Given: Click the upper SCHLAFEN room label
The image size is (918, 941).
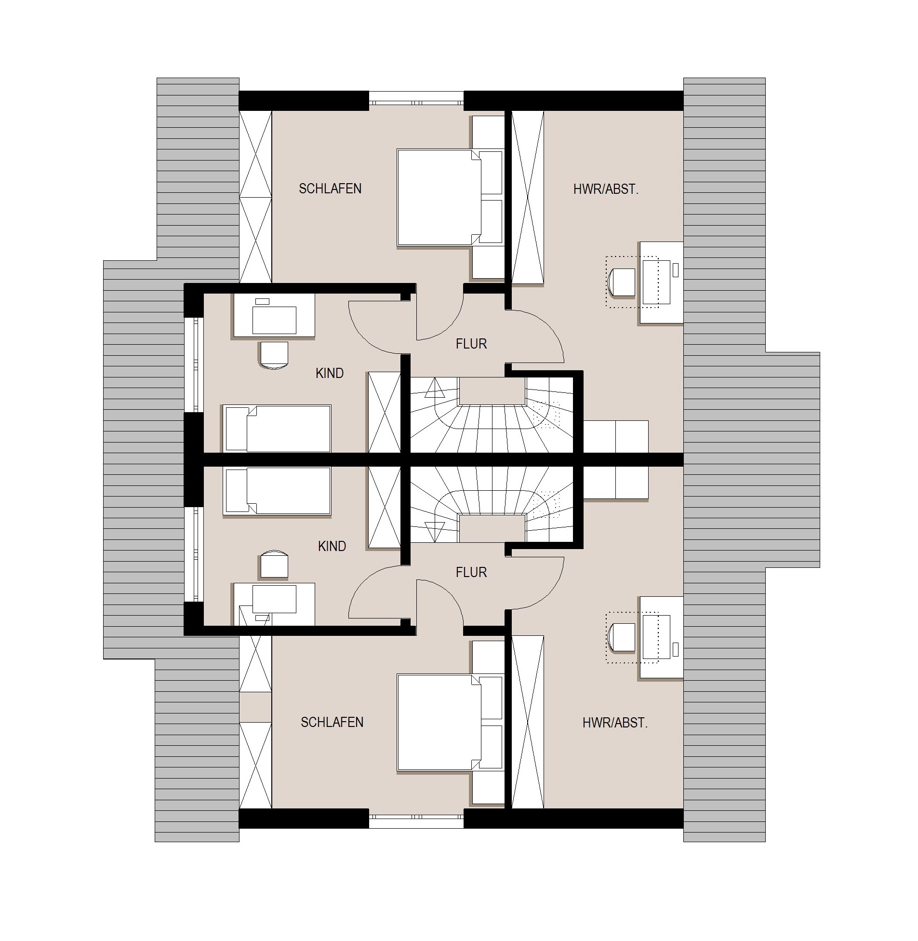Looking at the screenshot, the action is coord(330,188).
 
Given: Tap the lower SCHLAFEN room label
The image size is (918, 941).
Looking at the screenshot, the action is coord(332,722).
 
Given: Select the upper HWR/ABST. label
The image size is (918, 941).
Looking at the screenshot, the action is coord(606,189).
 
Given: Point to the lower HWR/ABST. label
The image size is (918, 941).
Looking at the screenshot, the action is coord(615,723).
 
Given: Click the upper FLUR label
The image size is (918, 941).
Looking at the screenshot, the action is coord(472,344).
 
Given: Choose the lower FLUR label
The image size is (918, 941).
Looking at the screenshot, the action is coord(472,572).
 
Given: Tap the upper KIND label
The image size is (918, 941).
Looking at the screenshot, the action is coord(330,373).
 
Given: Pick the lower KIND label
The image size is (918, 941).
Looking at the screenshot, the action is coord(332,546).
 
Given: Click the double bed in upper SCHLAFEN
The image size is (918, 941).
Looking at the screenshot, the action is coord(439,197).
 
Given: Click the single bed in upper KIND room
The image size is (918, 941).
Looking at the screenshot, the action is coord(277,428).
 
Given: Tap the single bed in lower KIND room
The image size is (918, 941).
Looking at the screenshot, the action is coord(277,491).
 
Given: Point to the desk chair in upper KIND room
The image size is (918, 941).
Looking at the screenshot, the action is coord(274,355).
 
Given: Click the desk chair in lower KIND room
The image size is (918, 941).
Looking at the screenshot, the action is coord(274,564).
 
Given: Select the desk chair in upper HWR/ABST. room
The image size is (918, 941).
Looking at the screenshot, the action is coord(623,282).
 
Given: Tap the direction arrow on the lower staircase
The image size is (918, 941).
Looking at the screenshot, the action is coord(435,532).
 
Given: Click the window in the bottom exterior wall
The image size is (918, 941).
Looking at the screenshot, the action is coord(416,818).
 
